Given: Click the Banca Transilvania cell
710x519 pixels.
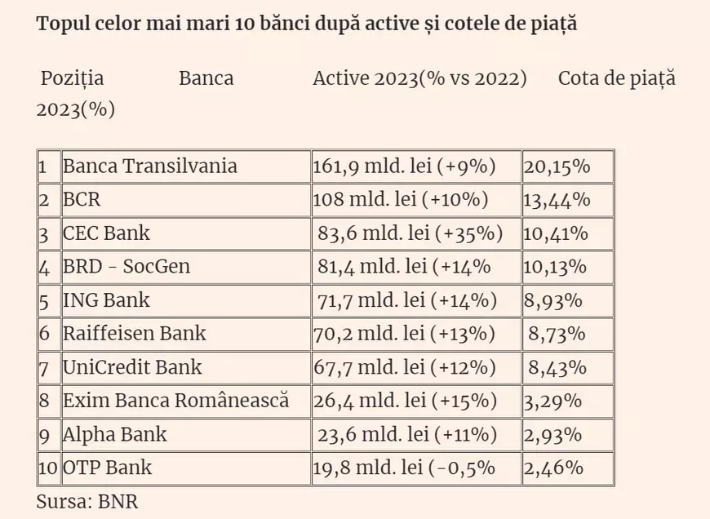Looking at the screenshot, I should [x=150, y=166].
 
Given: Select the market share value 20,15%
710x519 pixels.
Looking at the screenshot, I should [x=556, y=166].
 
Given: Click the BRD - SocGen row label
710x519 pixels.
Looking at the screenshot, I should [x=126, y=267].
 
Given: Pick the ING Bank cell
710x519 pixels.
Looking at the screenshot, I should [x=106, y=300].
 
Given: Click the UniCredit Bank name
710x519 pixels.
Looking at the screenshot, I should [x=132, y=367].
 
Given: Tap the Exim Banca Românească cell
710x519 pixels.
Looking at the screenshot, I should [x=175, y=401].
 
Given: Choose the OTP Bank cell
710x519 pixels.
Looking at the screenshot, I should [x=107, y=468].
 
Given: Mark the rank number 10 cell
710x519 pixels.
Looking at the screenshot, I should [x=48, y=468].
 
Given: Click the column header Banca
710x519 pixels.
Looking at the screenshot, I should [x=206, y=78].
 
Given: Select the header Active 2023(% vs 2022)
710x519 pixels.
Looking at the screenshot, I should [x=419, y=78].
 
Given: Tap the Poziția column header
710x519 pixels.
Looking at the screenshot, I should [x=73, y=78].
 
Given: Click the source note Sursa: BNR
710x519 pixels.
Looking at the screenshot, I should [x=82, y=501].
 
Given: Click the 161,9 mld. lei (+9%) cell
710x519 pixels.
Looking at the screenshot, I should [x=404, y=166].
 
